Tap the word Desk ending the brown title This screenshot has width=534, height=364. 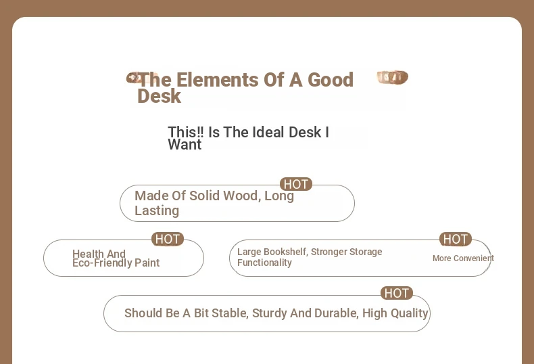[x=159, y=96]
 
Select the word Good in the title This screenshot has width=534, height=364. [x=331, y=80]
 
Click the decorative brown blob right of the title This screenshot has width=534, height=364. [x=392, y=77]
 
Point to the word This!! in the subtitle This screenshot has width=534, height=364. [x=186, y=132]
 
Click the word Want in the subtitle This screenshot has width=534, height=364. [x=185, y=145]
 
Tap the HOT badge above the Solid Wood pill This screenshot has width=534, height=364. [x=296, y=185]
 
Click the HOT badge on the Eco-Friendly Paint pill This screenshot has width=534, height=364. [x=168, y=240]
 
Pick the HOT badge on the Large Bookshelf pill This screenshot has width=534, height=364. [x=456, y=240]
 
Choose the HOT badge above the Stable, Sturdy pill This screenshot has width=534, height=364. [x=396, y=293]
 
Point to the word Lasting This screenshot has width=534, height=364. [x=157, y=210]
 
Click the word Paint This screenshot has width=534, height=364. [x=147, y=263]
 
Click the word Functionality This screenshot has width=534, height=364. [x=264, y=263]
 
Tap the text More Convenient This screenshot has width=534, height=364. [x=463, y=258]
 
